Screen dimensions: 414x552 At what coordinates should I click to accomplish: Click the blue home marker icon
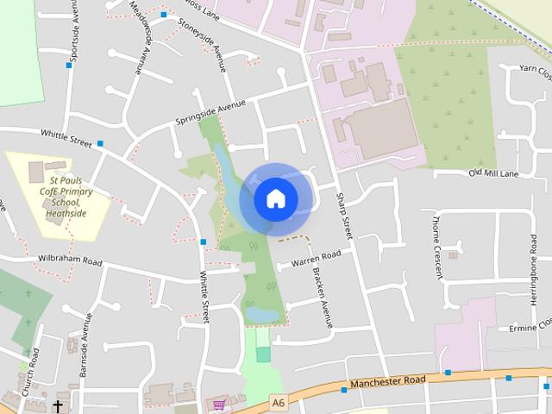pyautogui.click(x=275, y=198)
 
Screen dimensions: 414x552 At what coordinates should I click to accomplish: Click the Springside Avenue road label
pyautogui.click(x=210, y=112)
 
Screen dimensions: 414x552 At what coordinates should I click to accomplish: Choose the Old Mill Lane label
pyautogui.click(x=492, y=173)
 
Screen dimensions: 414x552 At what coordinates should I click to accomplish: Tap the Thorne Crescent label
pyautogui.click(x=437, y=244)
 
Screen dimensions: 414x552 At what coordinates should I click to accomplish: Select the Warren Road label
pyautogui.click(x=316, y=257)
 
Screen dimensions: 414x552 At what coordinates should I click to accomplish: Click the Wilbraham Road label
pyautogui.click(x=70, y=260)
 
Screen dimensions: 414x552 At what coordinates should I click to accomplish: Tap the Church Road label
pyautogui.click(x=30, y=373)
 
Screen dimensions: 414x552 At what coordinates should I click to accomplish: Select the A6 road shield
pyautogui.click(x=277, y=401)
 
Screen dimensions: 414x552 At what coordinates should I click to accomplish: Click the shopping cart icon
pyautogui.click(x=220, y=404)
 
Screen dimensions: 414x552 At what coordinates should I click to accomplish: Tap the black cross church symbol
pyautogui.click(x=59, y=405)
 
